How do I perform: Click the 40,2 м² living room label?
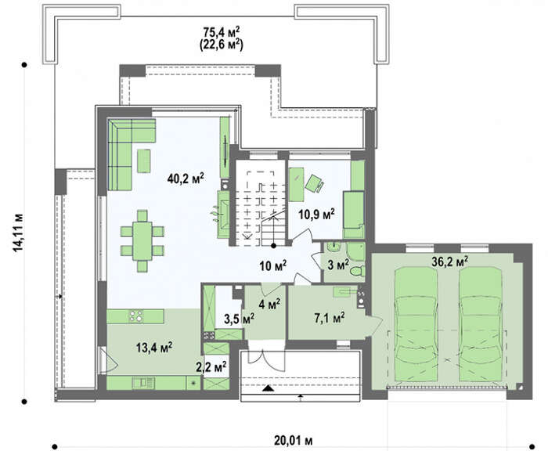pyautogui.click(x=186, y=179)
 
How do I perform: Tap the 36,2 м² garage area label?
pyautogui.click(x=450, y=262)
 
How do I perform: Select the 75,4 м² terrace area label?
pyautogui.click(x=222, y=32)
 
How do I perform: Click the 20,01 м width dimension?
pyautogui.click(x=294, y=441)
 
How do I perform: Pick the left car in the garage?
pyautogui.click(x=416, y=324)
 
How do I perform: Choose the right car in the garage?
pyautogui.click(x=481, y=324)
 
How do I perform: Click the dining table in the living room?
pyautogui.click(x=142, y=241)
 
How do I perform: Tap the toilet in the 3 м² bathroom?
pyautogui.click(x=358, y=271)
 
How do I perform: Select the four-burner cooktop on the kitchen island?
pyautogui.click(x=136, y=316)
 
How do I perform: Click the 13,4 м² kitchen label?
pyautogui.click(x=154, y=347)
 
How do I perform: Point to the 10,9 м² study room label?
pyautogui.click(x=316, y=214)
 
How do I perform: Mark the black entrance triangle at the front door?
pyautogui.click(x=268, y=388)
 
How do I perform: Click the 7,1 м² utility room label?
pyautogui.click(x=330, y=318)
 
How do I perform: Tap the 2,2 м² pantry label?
pyautogui.click(x=211, y=367)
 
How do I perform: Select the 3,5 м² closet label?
pyautogui.click(x=239, y=319)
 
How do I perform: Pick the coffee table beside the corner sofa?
pyautogui.click(x=143, y=161)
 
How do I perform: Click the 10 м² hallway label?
pyautogui.click(x=273, y=265)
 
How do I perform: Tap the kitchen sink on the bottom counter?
pyautogui.click(x=143, y=383)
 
